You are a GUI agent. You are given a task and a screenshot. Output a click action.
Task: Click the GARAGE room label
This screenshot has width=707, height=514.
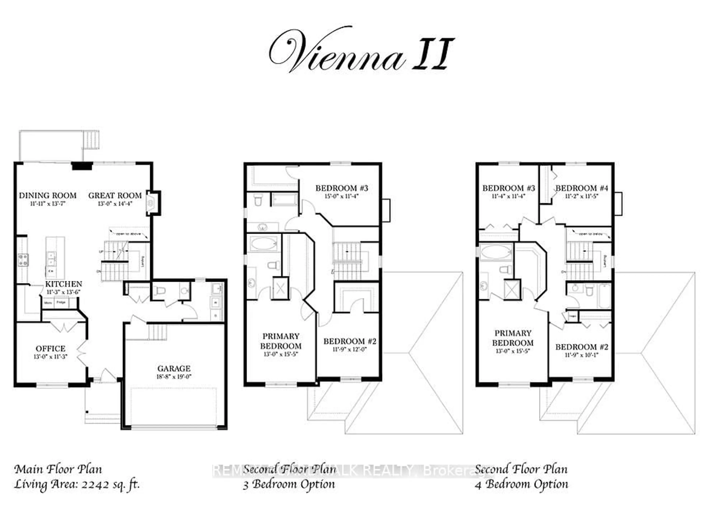click(174, 368)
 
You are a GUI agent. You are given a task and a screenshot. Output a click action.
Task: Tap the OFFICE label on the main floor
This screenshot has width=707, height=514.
click(50, 348)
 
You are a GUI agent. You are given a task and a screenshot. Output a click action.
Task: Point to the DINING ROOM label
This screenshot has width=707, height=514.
click(48, 196)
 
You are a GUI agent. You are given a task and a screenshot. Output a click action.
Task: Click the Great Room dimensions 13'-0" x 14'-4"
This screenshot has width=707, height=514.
click(115, 204)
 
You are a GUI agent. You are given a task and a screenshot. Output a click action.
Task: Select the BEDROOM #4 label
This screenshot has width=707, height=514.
click(582, 188)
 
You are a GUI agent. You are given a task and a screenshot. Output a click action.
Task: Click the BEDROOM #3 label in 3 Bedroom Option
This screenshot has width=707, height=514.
click(342, 188)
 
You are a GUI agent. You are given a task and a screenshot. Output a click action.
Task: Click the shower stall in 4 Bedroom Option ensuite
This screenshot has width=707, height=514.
click(512, 290)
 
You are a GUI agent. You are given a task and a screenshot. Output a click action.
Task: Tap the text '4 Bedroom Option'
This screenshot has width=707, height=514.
click(521, 484)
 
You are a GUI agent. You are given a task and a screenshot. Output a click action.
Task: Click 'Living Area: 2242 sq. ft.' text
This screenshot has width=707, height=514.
click(77, 484)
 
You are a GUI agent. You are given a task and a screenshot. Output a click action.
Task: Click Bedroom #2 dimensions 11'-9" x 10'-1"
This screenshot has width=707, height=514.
click(581, 355)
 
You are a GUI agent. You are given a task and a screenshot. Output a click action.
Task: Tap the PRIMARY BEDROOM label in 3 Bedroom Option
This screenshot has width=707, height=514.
click(281, 341)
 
